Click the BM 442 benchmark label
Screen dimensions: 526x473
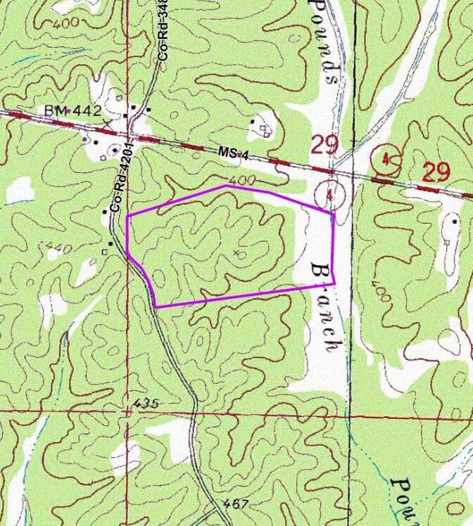tap(73, 111)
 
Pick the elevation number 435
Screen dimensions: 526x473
tap(145, 404)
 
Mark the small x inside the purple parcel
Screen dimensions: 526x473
tap(236, 252)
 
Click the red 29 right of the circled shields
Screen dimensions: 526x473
tap(436, 171)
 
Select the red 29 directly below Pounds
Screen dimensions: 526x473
tap(324, 145)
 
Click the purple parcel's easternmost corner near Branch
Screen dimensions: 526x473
tap(334, 283)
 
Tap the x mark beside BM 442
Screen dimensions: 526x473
tap(106, 124)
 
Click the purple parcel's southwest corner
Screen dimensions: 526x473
tap(155, 307)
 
